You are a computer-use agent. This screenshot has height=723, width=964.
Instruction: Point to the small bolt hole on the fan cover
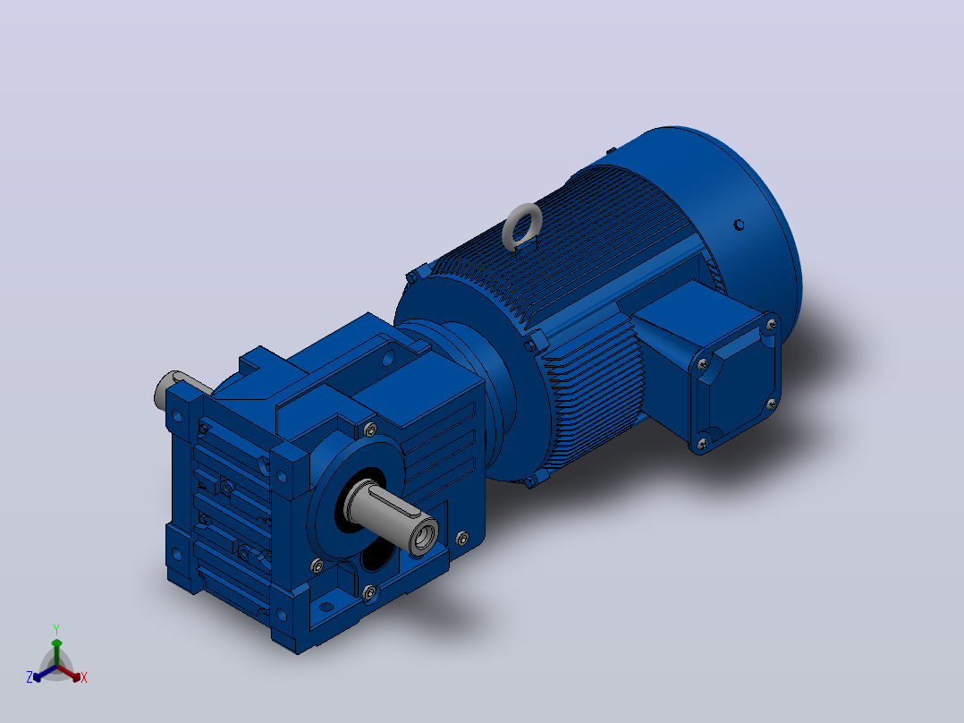739,225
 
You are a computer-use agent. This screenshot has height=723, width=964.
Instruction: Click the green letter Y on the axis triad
56,629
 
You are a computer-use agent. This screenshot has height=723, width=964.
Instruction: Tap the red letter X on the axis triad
84,677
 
